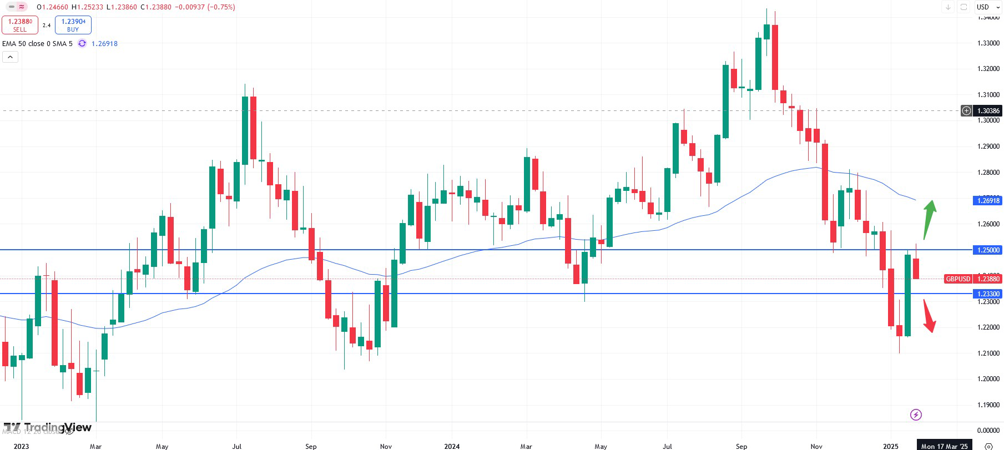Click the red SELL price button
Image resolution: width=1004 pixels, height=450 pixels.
19,25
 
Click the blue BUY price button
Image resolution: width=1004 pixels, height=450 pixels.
73,25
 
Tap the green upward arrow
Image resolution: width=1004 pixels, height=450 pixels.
929,219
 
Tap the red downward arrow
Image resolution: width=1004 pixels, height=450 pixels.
929,316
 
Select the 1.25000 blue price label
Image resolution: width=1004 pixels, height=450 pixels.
988,250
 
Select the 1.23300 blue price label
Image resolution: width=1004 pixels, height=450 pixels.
988,294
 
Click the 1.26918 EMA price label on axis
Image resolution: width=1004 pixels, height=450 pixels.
988,200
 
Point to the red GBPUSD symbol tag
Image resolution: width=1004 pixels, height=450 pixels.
958,279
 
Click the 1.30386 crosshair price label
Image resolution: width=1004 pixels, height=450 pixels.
988,111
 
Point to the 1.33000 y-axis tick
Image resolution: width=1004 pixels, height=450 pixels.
988,43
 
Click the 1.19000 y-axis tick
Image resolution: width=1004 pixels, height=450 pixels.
988,405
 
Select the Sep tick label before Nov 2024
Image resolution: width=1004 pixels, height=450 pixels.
741,446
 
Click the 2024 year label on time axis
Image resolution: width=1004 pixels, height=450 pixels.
452,446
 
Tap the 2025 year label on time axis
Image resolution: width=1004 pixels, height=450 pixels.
890,446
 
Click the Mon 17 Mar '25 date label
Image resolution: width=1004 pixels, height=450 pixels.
944,446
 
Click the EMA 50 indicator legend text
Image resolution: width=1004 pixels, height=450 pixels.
37,43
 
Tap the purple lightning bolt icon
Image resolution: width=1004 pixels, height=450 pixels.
916,414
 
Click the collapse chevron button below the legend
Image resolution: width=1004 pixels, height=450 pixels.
10,57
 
